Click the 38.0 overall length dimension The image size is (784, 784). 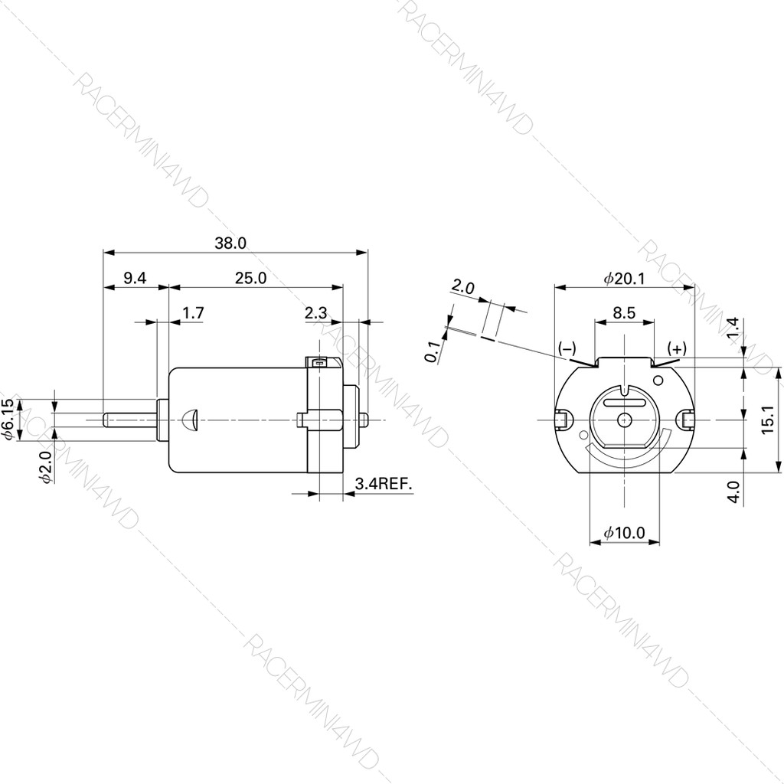click(x=230, y=243)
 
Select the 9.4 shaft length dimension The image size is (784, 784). click(x=134, y=279)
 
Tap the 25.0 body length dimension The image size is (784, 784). click(x=250, y=279)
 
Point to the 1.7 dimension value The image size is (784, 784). click(x=194, y=312)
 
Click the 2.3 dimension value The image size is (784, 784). click(x=315, y=312)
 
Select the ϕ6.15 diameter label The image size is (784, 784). click(x=8, y=419)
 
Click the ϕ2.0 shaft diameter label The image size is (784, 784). click(x=45, y=466)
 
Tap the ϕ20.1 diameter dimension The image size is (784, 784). click(x=624, y=279)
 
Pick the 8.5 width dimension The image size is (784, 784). click(x=624, y=312)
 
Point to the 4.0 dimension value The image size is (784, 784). click(x=734, y=491)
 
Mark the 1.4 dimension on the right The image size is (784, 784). click(x=733, y=327)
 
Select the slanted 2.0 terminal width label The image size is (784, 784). click(x=463, y=288)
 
